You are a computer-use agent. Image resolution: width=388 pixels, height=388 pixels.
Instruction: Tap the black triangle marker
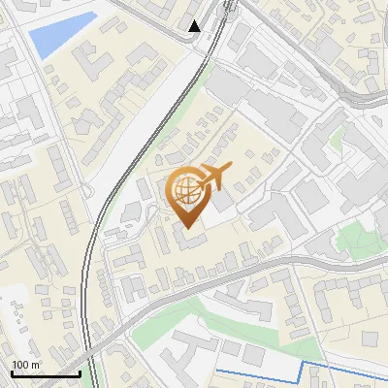195,26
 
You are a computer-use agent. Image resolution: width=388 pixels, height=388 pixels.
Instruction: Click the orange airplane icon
212,177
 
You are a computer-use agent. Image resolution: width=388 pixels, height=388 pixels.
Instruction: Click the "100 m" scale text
25,365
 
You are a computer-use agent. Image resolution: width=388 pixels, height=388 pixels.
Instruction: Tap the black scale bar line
46,373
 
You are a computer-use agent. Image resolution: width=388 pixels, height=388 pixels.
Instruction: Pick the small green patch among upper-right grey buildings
337,142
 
